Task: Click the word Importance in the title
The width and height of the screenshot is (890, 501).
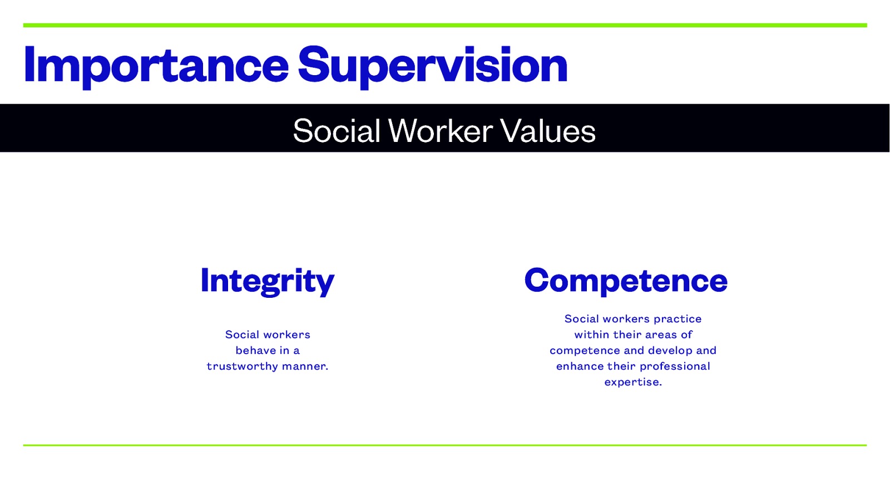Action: (156, 66)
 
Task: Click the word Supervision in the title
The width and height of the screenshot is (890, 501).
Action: (432, 66)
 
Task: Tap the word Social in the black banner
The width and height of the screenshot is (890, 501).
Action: (337, 131)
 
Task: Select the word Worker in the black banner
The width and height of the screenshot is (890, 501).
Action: (441, 131)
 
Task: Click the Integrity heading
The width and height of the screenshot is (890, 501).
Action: (267, 281)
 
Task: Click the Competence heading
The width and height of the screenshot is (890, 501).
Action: (626, 281)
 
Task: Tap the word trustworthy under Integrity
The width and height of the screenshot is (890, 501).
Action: (242, 366)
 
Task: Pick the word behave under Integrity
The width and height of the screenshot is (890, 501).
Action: (255, 351)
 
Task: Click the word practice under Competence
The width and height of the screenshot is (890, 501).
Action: (678, 319)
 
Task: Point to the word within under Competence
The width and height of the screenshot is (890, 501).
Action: (592, 335)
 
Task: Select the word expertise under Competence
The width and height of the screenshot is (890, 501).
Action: (633, 382)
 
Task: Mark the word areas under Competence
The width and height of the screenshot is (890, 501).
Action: (661, 335)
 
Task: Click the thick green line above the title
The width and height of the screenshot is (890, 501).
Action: (445, 25)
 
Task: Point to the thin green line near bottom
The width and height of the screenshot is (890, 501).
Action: (445, 445)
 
